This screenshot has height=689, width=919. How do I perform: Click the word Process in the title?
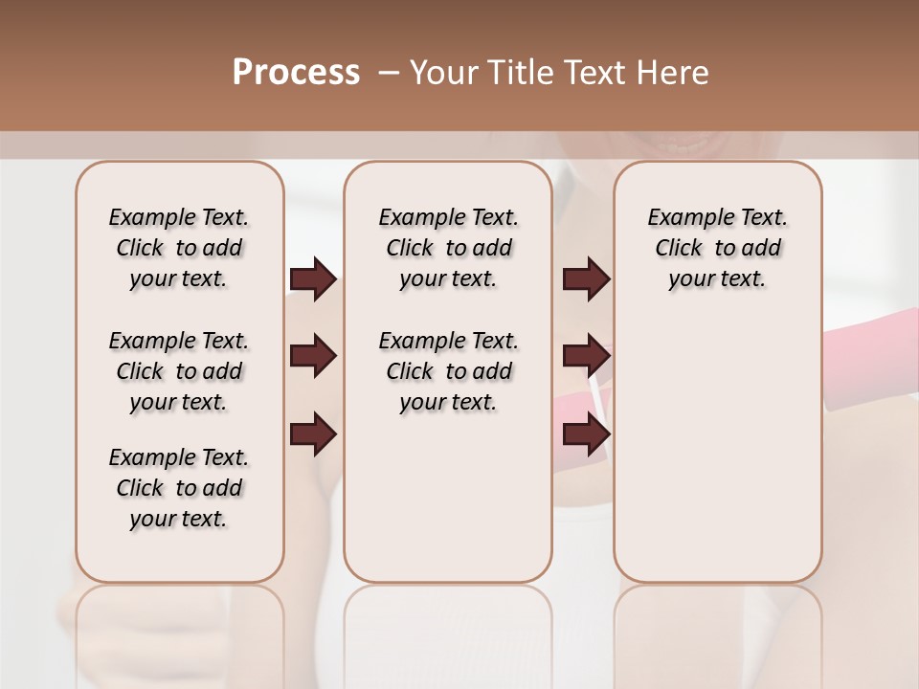click(296, 73)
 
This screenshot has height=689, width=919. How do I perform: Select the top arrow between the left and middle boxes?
click(313, 279)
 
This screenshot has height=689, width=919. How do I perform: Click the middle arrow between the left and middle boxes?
click(313, 357)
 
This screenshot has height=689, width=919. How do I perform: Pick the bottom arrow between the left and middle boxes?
click(313, 434)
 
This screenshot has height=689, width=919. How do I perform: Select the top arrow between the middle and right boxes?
click(586, 279)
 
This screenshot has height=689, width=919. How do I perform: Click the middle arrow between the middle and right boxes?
click(586, 357)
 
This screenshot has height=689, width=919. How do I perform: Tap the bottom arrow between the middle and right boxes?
click(586, 434)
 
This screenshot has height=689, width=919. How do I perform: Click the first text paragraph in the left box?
click(179, 248)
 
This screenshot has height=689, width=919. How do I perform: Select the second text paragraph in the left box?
click(179, 371)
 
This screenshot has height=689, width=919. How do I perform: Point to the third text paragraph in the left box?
click(179, 488)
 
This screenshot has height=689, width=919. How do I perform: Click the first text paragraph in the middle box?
click(448, 248)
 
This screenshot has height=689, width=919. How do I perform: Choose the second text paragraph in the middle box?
click(448, 371)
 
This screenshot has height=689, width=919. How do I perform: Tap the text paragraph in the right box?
click(717, 248)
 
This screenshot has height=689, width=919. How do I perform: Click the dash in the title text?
click(389, 73)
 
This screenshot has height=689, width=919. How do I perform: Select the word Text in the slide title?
click(598, 73)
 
